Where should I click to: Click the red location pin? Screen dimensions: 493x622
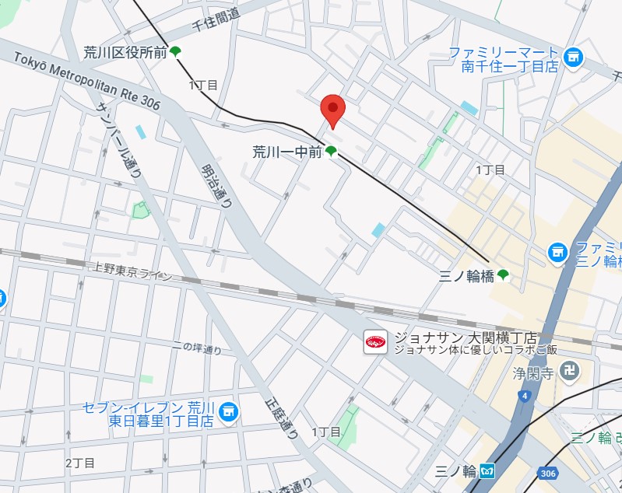click(x=332, y=110)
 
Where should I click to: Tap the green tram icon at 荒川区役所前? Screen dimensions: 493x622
click(x=176, y=52)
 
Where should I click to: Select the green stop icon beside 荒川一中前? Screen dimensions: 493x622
click(x=331, y=152)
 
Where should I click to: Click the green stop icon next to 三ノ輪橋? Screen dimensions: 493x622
click(x=504, y=274)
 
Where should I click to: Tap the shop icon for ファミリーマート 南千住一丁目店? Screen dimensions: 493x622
click(x=573, y=57)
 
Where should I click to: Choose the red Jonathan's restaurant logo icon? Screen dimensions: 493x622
click(x=376, y=342)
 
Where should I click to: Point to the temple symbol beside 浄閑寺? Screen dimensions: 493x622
click(x=570, y=372)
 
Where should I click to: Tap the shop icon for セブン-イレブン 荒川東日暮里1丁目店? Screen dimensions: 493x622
click(x=228, y=410)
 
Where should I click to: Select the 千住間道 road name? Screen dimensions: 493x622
click(x=216, y=22)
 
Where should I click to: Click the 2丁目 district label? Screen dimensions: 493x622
click(x=80, y=463)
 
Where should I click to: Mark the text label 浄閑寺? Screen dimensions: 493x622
click(x=532, y=373)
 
